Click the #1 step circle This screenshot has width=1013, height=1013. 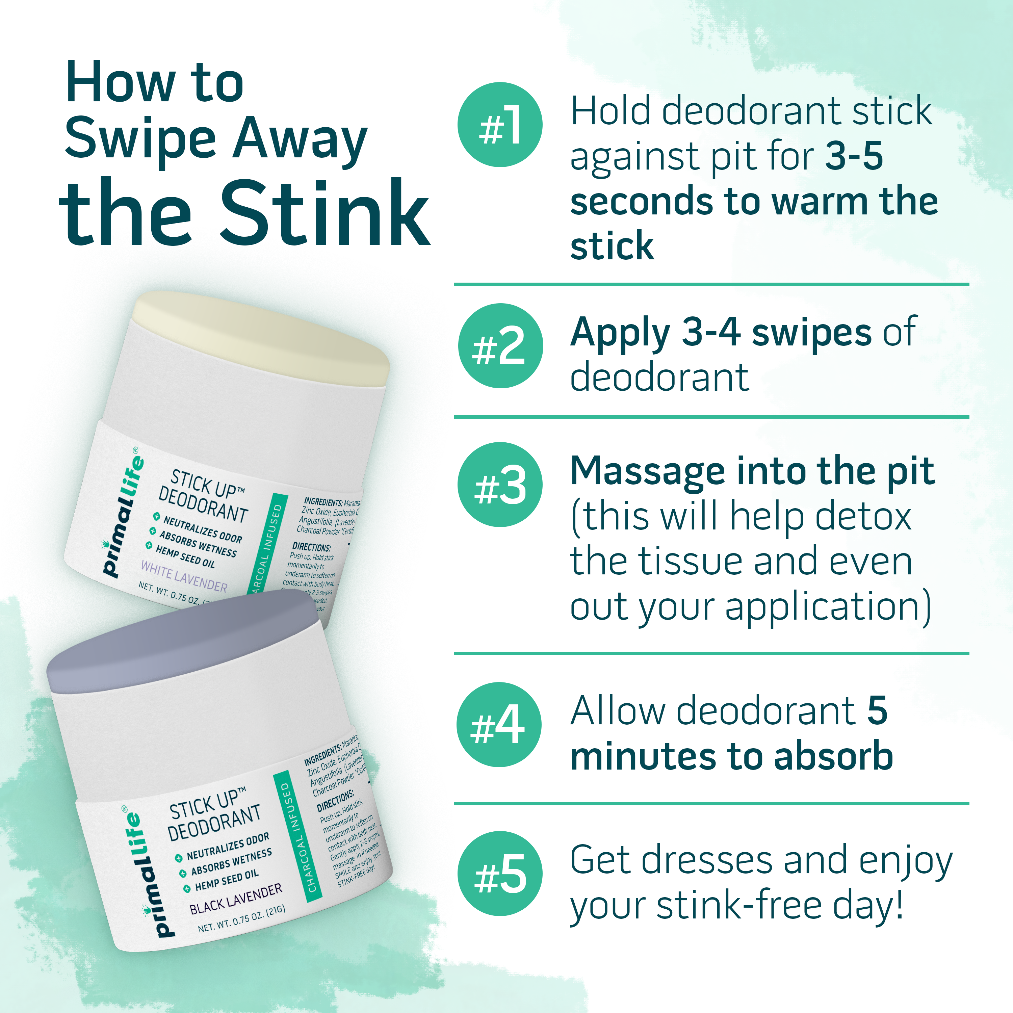(500, 125)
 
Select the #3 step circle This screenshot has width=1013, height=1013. (500, 485)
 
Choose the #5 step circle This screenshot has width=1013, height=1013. (500, 874)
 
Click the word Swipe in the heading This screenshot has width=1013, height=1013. (140, 139)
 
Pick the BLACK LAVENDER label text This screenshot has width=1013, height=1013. (235, 899)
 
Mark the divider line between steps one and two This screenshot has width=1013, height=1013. (711, 284)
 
